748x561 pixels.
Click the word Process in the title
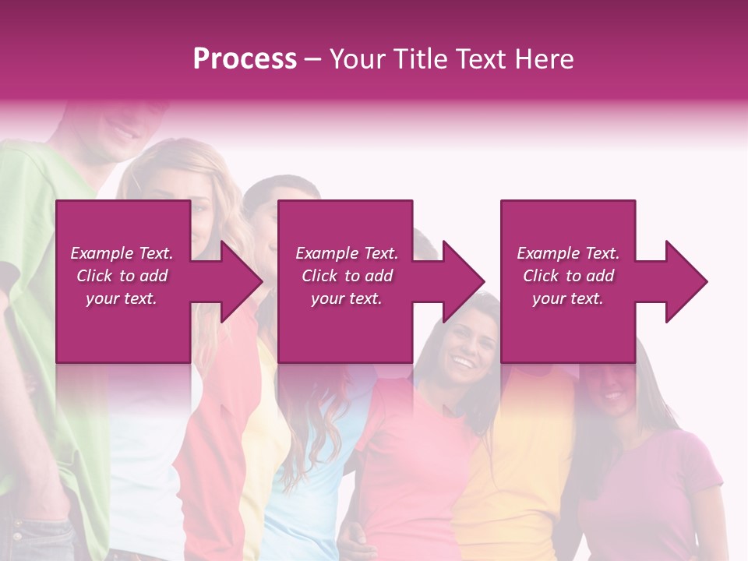click(245, 59)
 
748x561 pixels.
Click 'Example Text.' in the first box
click(122, 253)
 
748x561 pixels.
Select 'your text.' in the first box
click(122, 298)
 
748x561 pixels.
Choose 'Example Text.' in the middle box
click(347, 253)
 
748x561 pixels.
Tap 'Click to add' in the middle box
click(347, 276)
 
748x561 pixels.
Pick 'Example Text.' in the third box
click(568, 253)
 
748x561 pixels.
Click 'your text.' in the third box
click(568, 298)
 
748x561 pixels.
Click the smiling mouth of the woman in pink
click(464, 362)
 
